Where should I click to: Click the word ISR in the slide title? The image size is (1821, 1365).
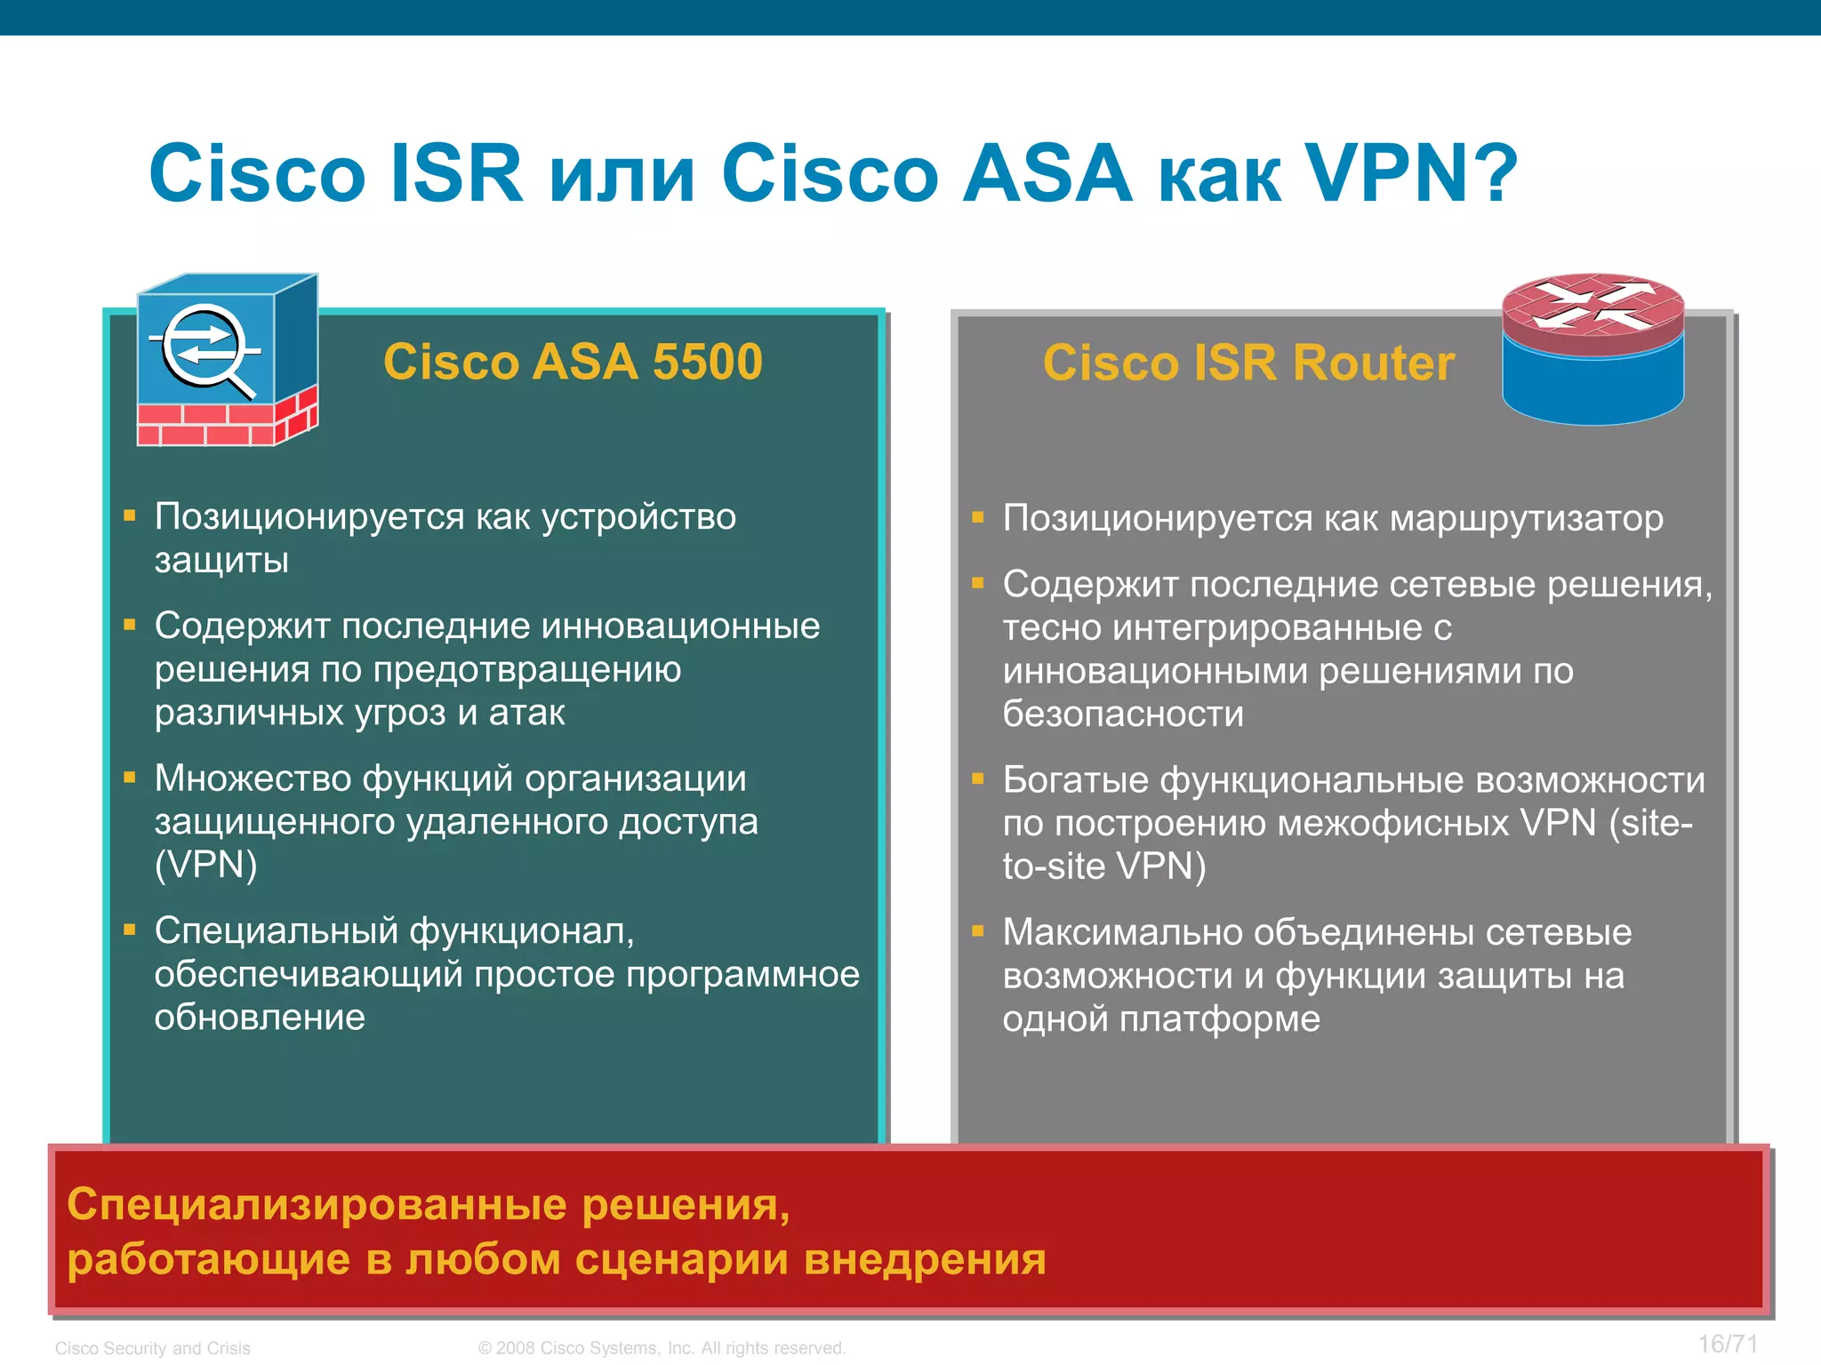click(456, 173)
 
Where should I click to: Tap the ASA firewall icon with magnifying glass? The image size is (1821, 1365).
click(227, 360)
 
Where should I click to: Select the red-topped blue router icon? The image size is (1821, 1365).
click(1592, 348)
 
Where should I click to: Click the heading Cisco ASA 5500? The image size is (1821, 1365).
click(573, 362)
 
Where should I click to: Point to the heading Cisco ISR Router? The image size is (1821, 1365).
click(1248, 363)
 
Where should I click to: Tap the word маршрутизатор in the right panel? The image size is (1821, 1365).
click(1526, 518)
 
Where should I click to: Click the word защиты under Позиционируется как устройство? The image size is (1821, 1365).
click(221, 561)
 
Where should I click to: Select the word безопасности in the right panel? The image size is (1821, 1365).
click(1123, 714)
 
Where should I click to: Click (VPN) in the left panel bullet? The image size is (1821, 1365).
click(206, 865)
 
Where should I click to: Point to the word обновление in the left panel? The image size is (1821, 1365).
click(260, 1018)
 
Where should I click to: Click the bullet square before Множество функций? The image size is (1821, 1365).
click(130, 778)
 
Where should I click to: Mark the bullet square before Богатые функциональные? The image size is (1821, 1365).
click(978, 779)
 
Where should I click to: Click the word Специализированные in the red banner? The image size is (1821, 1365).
click(317, 1205)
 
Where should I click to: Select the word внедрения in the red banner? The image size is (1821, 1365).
click(925, 1260)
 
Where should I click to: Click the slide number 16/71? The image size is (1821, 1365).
click(1727, 1344)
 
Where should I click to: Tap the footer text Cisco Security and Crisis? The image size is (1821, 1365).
click(153, 1348)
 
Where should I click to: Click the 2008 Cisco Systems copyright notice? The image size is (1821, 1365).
click(662, 1348)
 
